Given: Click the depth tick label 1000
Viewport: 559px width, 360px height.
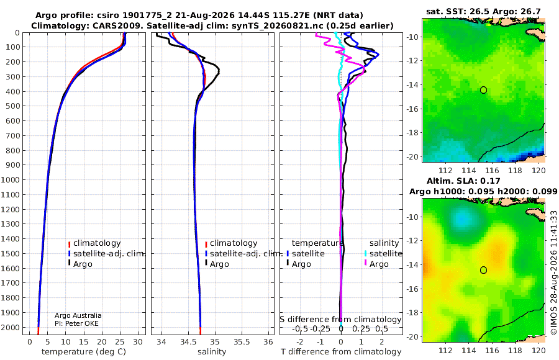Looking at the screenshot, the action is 10,179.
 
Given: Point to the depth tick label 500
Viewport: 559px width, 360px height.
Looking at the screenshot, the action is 12,106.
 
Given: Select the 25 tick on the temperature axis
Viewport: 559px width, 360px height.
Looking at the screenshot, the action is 120,342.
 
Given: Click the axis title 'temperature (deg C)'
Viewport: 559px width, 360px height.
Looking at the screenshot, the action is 84,352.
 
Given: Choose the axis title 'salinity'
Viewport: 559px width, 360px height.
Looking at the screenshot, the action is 212,352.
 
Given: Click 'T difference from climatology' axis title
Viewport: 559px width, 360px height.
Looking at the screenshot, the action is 341,352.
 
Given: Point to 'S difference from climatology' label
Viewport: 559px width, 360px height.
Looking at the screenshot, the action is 340,320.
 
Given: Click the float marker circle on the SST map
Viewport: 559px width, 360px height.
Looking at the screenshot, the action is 483,90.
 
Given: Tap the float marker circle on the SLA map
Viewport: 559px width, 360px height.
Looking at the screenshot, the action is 483,270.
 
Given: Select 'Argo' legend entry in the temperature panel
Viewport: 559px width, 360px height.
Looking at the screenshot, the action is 80,264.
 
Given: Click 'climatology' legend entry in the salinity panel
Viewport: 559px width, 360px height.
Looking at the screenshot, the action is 231,243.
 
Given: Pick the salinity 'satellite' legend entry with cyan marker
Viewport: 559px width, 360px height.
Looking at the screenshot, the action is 383,254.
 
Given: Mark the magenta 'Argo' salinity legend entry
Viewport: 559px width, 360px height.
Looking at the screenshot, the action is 376,264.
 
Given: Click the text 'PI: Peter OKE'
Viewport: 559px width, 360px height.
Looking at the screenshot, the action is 76,323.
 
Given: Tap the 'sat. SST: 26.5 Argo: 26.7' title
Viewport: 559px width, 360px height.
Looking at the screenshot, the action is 483,11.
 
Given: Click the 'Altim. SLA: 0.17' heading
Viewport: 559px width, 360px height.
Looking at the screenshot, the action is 463,181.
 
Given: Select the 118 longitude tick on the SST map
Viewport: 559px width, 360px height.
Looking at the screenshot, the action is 515,171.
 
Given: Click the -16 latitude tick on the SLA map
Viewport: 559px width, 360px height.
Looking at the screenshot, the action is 413,289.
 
